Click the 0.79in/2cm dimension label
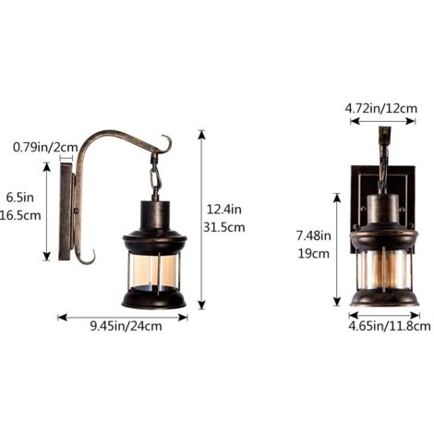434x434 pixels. click(x=45, y=147)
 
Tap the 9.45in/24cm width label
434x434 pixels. click(x=126, y=326)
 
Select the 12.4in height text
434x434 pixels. click(x=223, y=210)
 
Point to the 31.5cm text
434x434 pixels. click(x=223, y=227)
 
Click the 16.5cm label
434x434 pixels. click(x=20, y=215)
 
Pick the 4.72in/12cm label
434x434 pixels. click(x=381, y=108)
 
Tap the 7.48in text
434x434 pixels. click(x=314, y=235)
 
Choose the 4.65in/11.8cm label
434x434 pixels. click(x=390, y=326)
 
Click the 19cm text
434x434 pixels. click(x=314, y=254)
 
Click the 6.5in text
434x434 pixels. click(x=20, y=198)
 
